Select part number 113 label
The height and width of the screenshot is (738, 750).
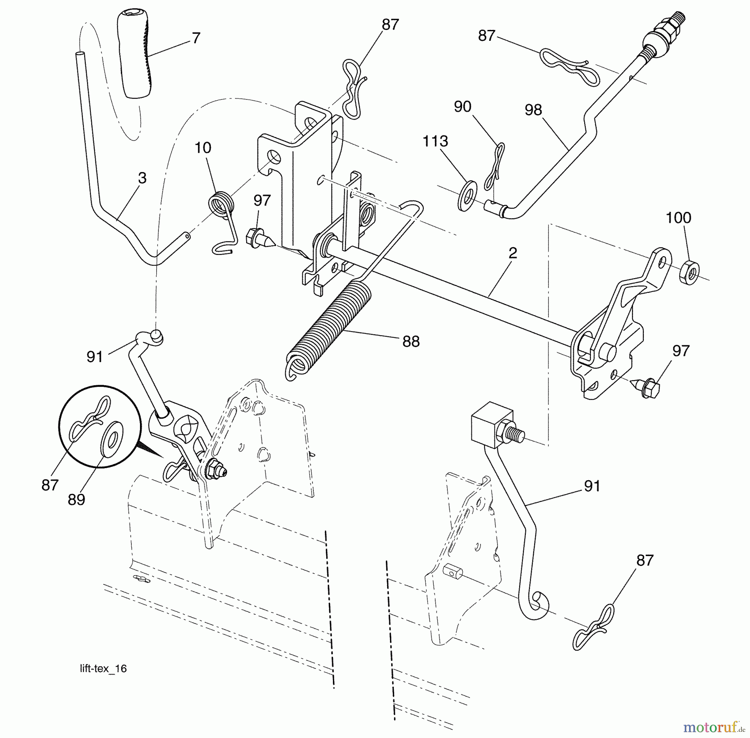435,141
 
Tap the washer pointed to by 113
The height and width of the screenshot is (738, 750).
468,195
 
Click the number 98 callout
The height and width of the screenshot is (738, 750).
534,110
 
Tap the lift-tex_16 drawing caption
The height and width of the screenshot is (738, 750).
103,669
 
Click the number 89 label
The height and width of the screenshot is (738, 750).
77,500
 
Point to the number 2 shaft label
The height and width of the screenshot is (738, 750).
513,253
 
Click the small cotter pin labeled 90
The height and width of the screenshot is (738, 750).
495,167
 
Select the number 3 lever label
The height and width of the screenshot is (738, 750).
142,178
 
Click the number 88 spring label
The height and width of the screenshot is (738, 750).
411,342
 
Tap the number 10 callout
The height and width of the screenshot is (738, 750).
203,148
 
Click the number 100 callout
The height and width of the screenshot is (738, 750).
678,217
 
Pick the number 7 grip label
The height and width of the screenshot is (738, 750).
196,38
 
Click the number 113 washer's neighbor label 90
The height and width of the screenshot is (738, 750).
462,107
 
